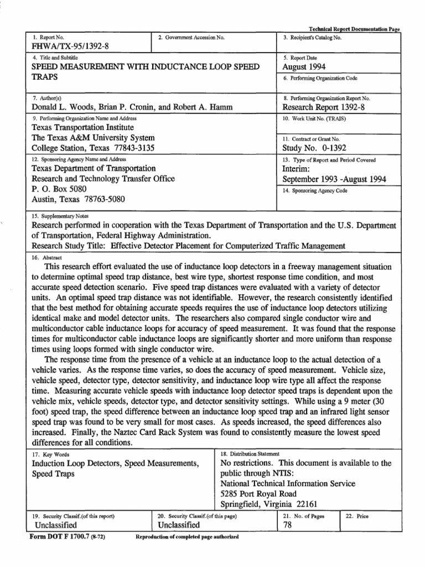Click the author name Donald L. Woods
point(65,107)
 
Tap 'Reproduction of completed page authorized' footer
point(186,538)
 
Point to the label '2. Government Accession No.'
point(191,38)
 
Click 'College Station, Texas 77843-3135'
point(92,148)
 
